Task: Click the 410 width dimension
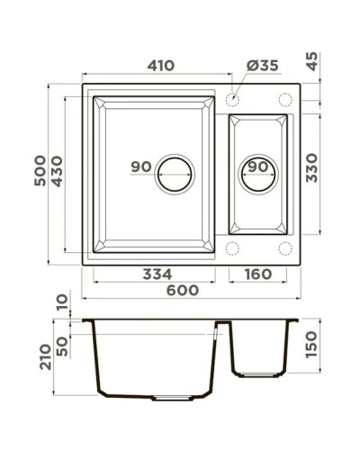click(161, 66)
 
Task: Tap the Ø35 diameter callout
click(263, 67)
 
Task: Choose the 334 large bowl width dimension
click(157, 274)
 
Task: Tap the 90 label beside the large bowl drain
click(139, 166)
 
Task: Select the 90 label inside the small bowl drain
click(256, 166)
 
